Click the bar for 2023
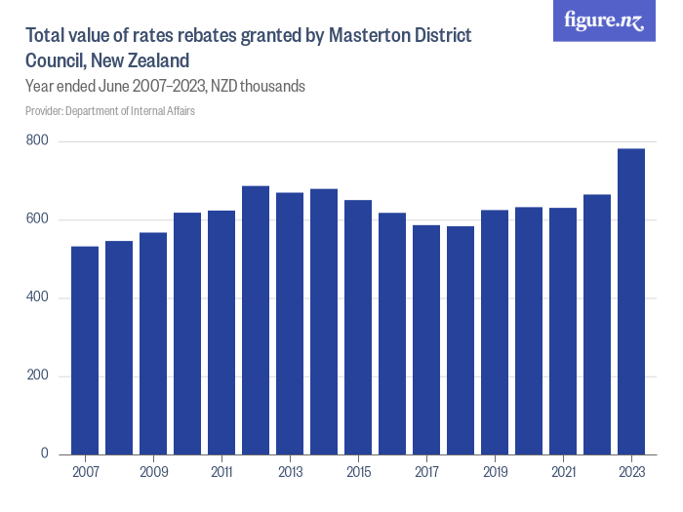[631, 301]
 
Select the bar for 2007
[85, 350]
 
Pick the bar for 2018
[461, 340]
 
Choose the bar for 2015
[358, 327]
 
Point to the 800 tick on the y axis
[38, 141]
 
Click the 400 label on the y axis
[38, 297]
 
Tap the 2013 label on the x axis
[290, 472]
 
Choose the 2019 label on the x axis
[495, 472]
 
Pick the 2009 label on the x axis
[153, 472]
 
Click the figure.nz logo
[604, 20]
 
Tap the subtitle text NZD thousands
[261, 86]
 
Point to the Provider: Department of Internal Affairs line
[109, 111]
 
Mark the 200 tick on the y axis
[38, 375]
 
